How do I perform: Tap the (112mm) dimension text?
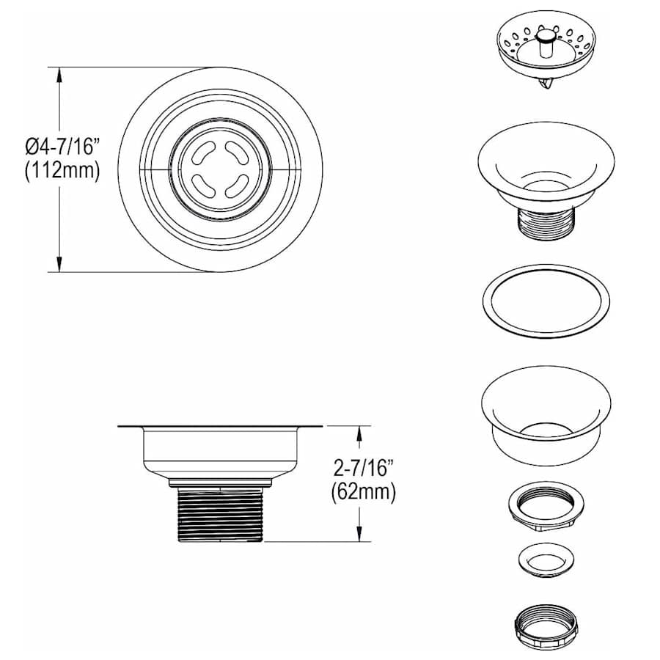(63, 171)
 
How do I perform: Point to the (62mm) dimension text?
(363, 491)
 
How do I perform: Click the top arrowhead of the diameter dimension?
(59, 76)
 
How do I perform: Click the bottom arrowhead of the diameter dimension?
(59, 264)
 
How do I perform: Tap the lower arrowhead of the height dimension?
(359, 533)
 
